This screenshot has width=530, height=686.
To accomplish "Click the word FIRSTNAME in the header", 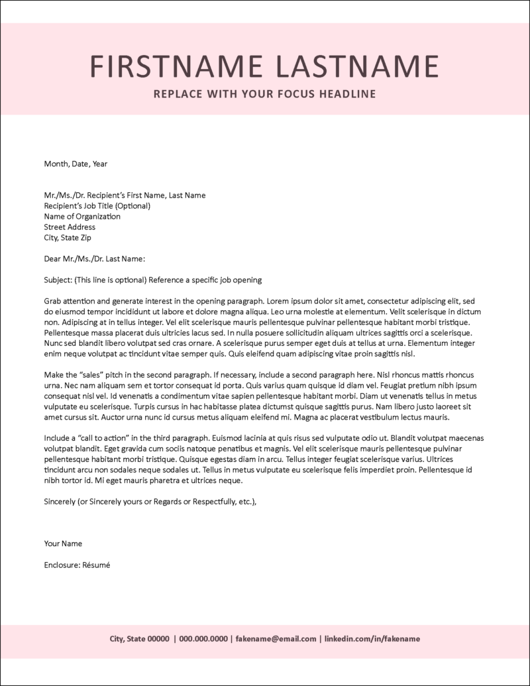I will (x=170, y=67).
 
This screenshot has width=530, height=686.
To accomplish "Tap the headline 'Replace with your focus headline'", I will (x=264, y=94).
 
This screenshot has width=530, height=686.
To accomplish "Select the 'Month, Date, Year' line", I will (x=75, y=163).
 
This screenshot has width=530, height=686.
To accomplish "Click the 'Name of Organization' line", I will (x=82, y=216).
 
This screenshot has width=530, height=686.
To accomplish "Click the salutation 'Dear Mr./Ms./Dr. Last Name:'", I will (x=94, y=258).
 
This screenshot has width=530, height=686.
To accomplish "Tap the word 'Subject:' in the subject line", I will (x=58, y=280).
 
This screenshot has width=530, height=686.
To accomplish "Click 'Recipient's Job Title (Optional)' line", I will (x=97, y=205).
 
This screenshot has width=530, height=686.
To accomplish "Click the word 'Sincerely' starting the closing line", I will (x=60, y=502).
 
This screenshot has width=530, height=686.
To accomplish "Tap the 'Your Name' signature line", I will (x=63, y=543).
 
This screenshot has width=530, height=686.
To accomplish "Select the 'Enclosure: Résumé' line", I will (x=76, y=565).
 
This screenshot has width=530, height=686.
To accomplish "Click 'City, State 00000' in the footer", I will (x=139, y=639).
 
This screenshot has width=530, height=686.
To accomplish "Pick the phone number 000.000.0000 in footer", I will (x=203, y=639).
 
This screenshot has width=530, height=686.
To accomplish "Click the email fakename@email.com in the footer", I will (x=276, y=639).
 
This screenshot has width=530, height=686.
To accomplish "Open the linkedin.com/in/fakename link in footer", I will (x=372, y=639).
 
